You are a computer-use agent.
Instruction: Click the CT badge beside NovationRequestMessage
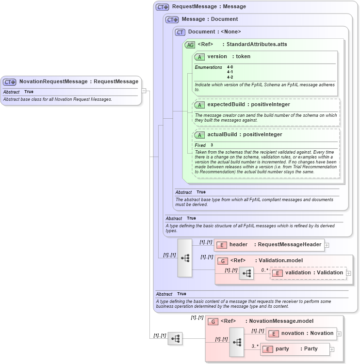10,82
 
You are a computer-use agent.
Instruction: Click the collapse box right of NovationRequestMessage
144,90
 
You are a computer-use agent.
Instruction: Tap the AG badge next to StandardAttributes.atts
190,45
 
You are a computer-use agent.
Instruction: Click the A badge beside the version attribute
199,57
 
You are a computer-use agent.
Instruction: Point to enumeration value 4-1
230,72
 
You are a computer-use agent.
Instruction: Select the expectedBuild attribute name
225,104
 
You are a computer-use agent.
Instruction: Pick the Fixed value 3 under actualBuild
212,145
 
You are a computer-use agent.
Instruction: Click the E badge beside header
222,245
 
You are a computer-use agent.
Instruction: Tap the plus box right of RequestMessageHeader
327,245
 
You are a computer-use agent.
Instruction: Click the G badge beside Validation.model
222,261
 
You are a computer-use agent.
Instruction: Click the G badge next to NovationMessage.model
213,321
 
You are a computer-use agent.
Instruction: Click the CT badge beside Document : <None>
180,32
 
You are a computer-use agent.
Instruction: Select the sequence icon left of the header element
185,258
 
